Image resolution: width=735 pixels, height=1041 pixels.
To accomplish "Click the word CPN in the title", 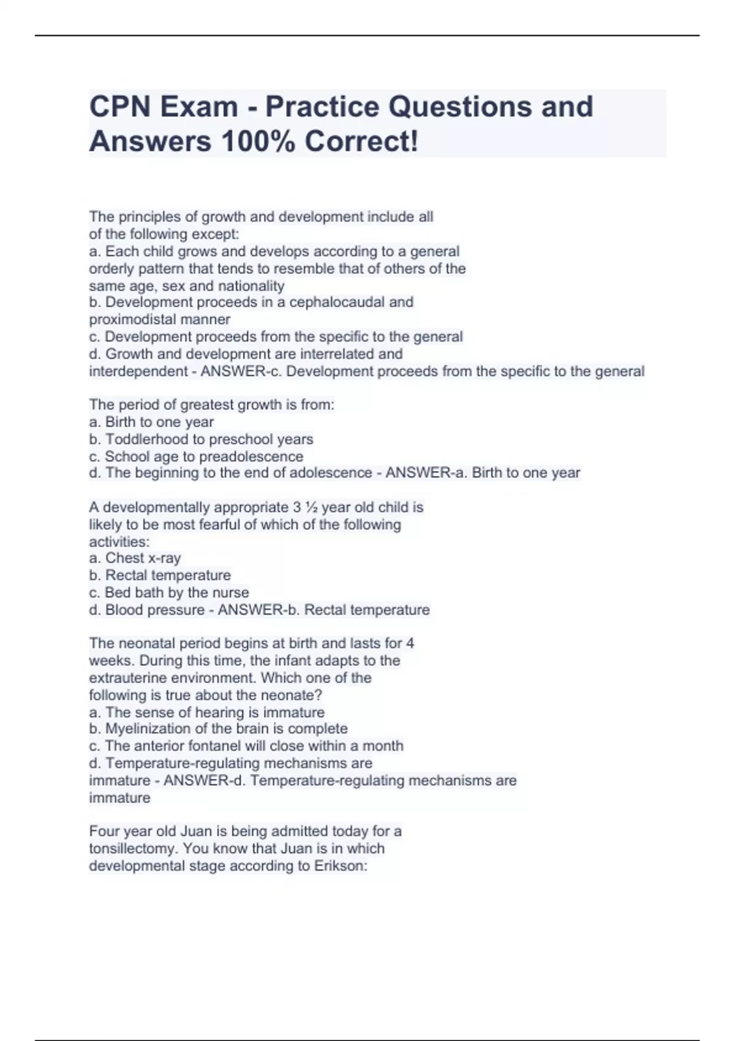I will click(x=119, y=107).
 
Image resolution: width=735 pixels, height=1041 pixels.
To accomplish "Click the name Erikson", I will click(x=341, y=866).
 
